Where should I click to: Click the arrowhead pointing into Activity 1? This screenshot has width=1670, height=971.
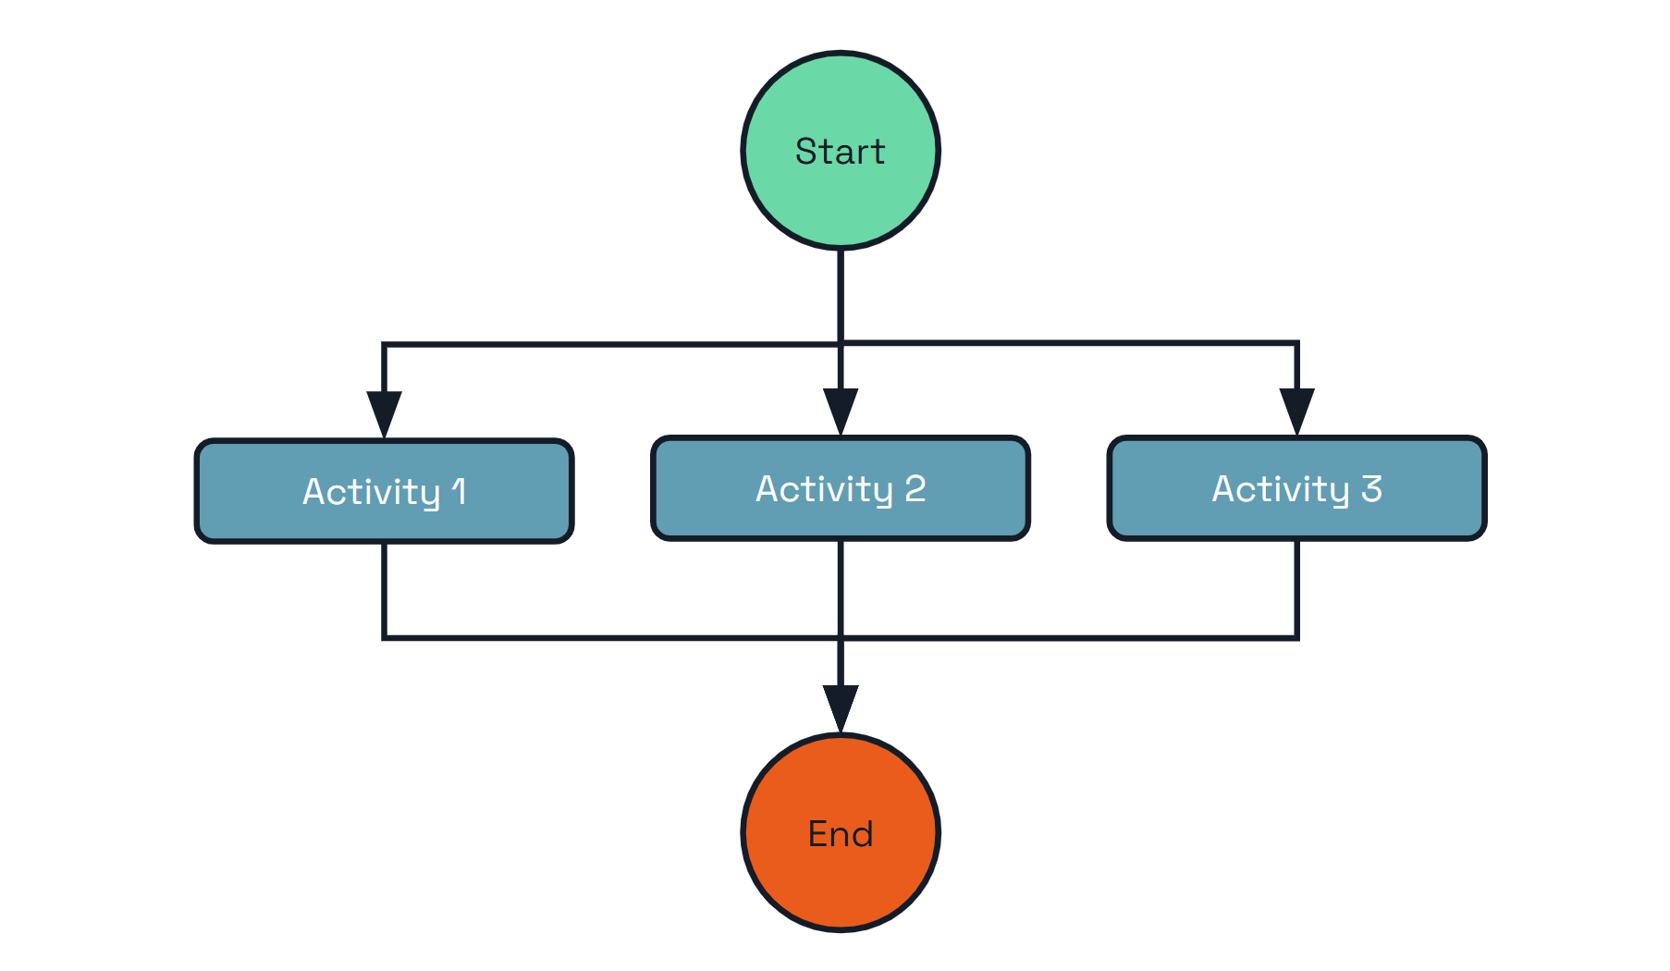[384, 413]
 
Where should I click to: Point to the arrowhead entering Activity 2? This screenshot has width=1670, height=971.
[840, 411]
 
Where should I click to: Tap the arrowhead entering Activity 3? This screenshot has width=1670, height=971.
[1296, 411]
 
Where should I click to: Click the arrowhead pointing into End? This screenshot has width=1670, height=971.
[840, 707]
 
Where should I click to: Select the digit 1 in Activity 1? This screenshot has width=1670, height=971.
[459, 491]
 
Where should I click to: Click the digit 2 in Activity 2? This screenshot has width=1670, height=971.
[915, 488]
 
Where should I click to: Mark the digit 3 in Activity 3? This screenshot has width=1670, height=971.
[1371, 488]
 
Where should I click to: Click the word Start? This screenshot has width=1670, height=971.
[840, 152]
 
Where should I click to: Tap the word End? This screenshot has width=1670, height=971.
[840, 834]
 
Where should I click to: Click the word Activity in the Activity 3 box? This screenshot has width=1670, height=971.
[1281, 489]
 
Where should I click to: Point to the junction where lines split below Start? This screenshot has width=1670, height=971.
[840, 344]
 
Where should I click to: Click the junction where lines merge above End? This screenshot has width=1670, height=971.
[840, 637]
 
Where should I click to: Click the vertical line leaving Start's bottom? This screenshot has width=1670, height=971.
[840, 296]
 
